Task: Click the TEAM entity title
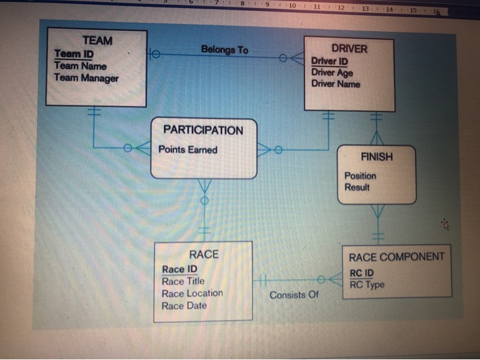click(97, 40)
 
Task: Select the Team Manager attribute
click(86, 78)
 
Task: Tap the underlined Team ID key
click(74, 53)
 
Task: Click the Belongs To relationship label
click(225, 49)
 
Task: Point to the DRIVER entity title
click(349, 49)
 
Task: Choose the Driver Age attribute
click(333, 73)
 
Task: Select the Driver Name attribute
click(335, 84)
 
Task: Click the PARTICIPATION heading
click(203, 130)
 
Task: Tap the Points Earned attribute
click(188, 149)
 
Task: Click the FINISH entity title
click(377, 156)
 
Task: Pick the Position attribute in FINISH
click(360, 176)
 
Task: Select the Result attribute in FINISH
click(357, 187)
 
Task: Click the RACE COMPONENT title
click(396, 257)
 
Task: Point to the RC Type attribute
click(367, 285)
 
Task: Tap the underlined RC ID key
click(361, 273)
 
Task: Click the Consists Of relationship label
click(294, 296)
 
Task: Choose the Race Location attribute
click(192, 293)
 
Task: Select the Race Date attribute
click(184, 306)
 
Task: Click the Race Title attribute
click(183, 281)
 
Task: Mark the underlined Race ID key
click(180, 269)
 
